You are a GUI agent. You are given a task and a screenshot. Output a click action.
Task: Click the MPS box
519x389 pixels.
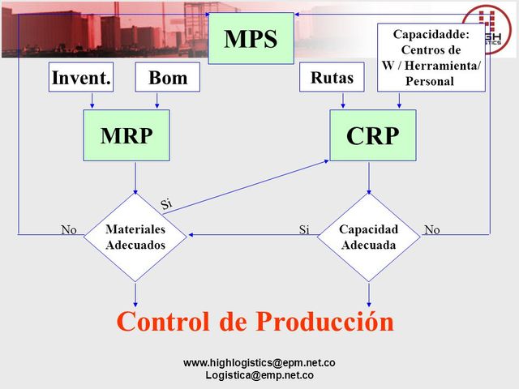[251, 38]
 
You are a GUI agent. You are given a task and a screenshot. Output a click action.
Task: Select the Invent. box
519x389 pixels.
[81, 78]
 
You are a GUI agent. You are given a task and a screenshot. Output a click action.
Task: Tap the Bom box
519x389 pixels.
[167, 78]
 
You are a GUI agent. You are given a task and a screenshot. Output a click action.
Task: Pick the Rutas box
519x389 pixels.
[332, 78]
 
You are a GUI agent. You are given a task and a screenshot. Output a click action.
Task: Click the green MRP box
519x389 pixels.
[127, 135]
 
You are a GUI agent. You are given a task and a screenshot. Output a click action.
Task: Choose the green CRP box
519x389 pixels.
[372, 135]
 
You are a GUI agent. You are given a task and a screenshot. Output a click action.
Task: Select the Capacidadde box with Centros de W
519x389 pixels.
[431, 58]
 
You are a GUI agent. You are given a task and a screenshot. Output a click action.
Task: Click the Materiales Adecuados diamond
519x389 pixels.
[135, 237]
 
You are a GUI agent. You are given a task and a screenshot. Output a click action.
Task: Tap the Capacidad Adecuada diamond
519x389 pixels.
[369, 237]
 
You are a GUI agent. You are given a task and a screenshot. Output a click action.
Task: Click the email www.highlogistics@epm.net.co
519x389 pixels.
[259, 363]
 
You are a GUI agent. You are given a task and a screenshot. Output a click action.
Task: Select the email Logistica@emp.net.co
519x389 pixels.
[259, 375]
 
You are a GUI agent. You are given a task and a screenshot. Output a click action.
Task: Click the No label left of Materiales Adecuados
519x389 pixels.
[69, 230]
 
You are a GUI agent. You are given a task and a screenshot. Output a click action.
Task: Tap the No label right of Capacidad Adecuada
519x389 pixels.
[432, 230]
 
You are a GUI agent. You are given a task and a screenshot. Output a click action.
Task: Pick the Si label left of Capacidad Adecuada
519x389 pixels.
[304, 230]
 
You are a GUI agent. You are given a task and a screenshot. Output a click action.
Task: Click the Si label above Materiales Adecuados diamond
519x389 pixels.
[166, 203]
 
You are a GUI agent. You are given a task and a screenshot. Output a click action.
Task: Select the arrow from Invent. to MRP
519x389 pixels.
[92, 100]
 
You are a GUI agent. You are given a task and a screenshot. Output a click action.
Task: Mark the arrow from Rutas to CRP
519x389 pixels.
[344, 100]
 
